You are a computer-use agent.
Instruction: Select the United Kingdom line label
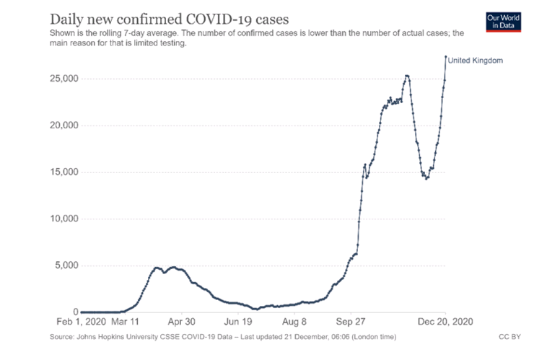[x=475, y=61]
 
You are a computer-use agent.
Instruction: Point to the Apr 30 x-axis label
[x=181, y=323]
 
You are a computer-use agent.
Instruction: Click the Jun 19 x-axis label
[x=237, y=323]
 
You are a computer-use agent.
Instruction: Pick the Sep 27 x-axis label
[x=350, y=323]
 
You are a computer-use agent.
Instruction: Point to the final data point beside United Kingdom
[x=445, y=57]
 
